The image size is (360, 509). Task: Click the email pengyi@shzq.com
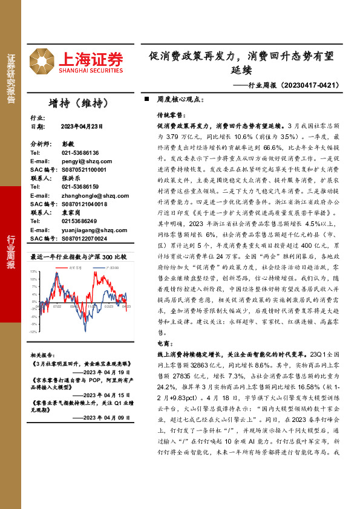(x=79, y=162)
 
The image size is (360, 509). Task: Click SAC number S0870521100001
(x=84, y=170)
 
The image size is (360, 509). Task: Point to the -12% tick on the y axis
(x=34, y=331)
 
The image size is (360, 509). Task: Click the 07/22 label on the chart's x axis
(x=57, y=306)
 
